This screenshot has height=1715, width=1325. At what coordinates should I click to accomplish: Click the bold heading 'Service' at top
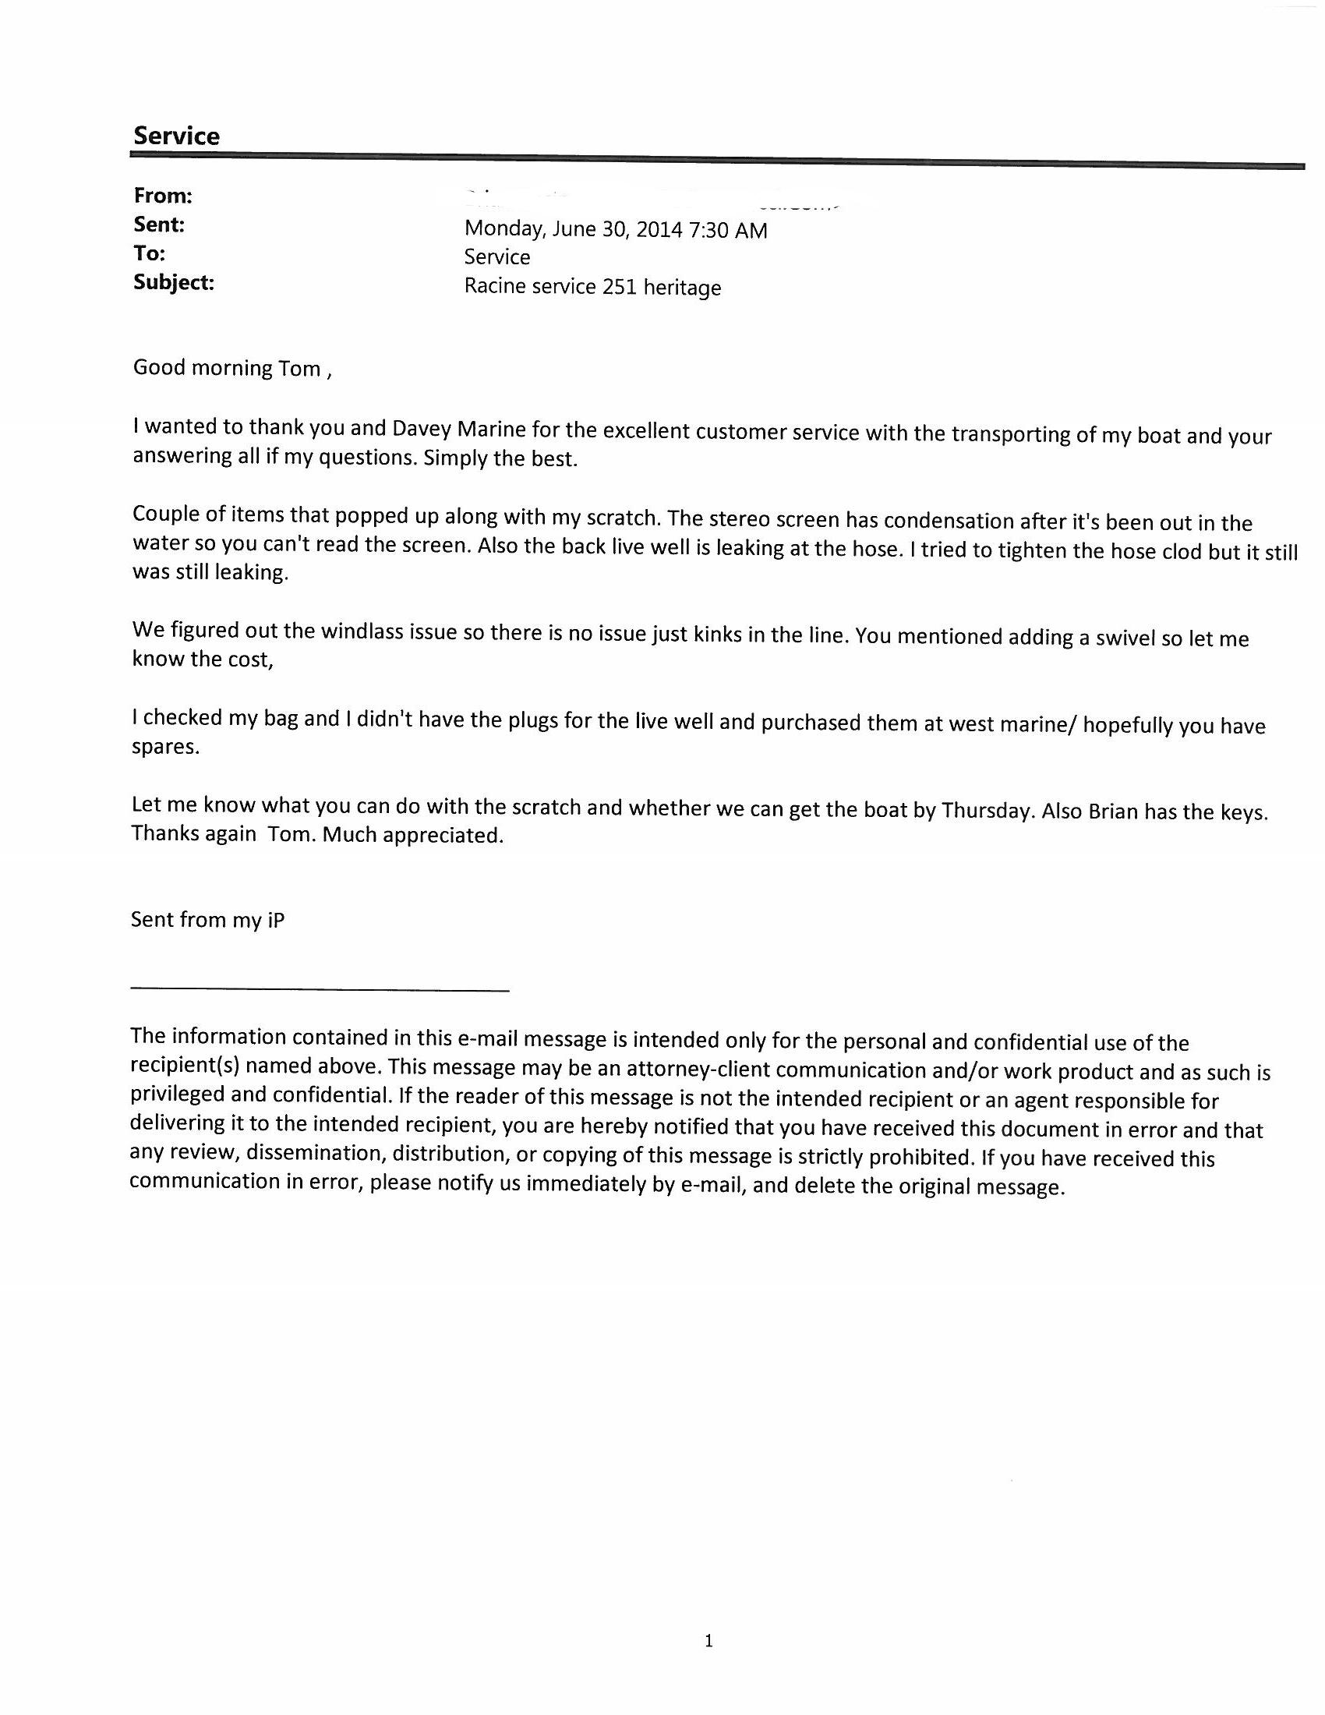point(176,136)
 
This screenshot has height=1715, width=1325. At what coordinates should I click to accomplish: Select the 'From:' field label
point(163,196)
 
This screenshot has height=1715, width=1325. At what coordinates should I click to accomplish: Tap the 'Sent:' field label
point(159,225)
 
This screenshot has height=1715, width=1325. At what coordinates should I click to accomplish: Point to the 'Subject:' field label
point(174,282)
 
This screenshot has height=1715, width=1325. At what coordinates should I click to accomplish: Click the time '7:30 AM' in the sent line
point(728,230)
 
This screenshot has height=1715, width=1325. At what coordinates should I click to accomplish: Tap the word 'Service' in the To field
point(497,257)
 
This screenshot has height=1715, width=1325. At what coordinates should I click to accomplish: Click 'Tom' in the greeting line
point(300,368)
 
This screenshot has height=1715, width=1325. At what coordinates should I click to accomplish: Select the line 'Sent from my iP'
point(208,920)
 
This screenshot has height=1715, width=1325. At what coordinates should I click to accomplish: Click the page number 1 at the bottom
point(708,1640)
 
